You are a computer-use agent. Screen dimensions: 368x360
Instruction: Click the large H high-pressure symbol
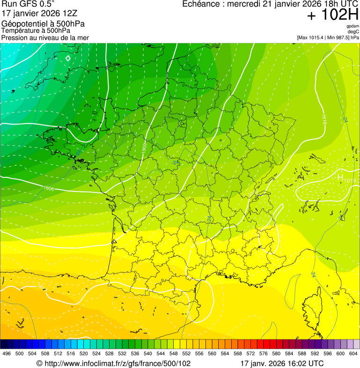[x=340, y=177]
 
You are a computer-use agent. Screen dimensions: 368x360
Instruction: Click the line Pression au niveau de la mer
[x=45, y=37]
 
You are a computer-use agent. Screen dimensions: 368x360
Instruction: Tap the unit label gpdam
[x=353, y=26]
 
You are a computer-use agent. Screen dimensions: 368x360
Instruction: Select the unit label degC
[x=353, y=31]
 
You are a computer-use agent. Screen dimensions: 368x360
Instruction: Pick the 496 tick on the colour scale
[x=7, y=353]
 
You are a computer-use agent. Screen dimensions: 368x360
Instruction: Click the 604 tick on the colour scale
[x=353, y=353]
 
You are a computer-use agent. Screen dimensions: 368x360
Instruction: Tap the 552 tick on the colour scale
[x=186, y=353]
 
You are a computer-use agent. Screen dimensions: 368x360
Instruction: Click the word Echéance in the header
[x=200, y=4]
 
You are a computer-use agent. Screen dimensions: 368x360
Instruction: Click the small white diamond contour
[x=68, y=58]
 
